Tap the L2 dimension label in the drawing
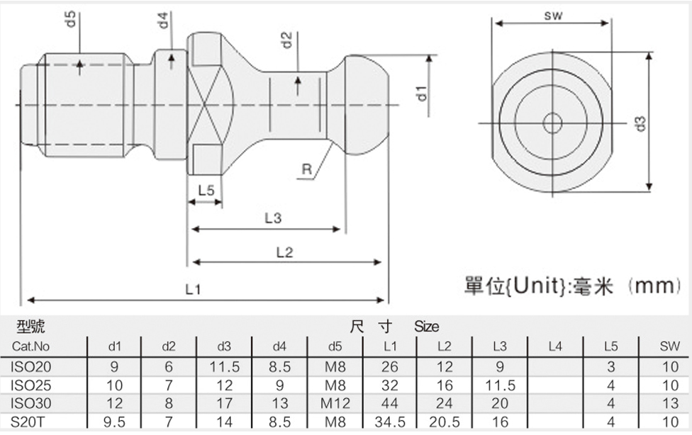click(x=284, y=252)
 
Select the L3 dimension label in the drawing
click(x=273, y=219)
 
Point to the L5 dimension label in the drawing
click(x=206, y=191)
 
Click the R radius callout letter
click(x=306, y=170)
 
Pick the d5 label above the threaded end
click(x=70, y=19)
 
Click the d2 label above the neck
click(x=286, y=40)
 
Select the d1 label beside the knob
click(x=421, y=91)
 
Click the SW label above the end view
click(x=554, y=15)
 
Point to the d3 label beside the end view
click(x=640, y=122)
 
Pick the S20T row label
click(x=29, y=422)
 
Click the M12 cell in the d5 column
click(x=335, y=404)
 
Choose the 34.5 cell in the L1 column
click(x=390, y=422)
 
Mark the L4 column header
click(x=555, y=347)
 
